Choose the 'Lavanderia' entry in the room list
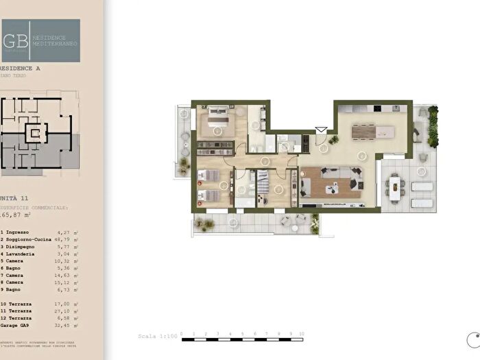tap(24, 254)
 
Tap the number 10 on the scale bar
tap(302, 333)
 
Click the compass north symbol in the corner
tap(472, 338)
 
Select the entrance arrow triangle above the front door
tap(320, 128)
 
